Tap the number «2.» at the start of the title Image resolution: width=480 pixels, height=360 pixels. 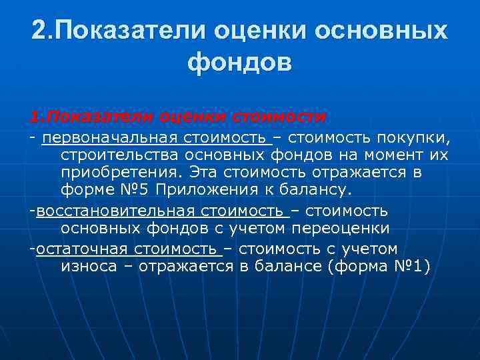coord(43,30)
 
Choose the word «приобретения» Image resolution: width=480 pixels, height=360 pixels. coord(121,173)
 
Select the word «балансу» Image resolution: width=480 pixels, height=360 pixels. coord(311,190)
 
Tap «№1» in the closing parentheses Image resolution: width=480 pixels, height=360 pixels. coord(410,267)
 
